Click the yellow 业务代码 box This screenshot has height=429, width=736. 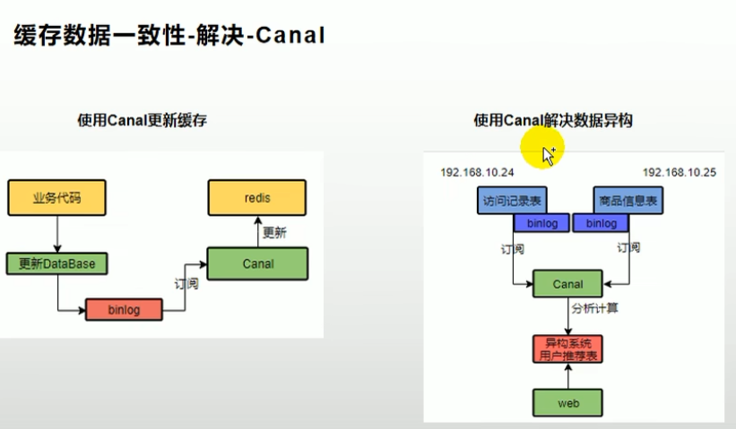(56, 198)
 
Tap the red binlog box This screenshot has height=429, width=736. (126, 309)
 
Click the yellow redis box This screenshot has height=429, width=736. (256, 198)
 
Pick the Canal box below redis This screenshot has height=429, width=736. (257, 263)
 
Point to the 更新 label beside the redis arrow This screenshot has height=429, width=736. (273, 232)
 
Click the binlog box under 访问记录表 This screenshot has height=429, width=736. (541, 223)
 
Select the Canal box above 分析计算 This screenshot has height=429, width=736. (567, 285)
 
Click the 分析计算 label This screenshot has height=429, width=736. (595, 309)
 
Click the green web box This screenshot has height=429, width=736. (567, 404)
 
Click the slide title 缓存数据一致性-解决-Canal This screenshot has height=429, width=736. (168, 35)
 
